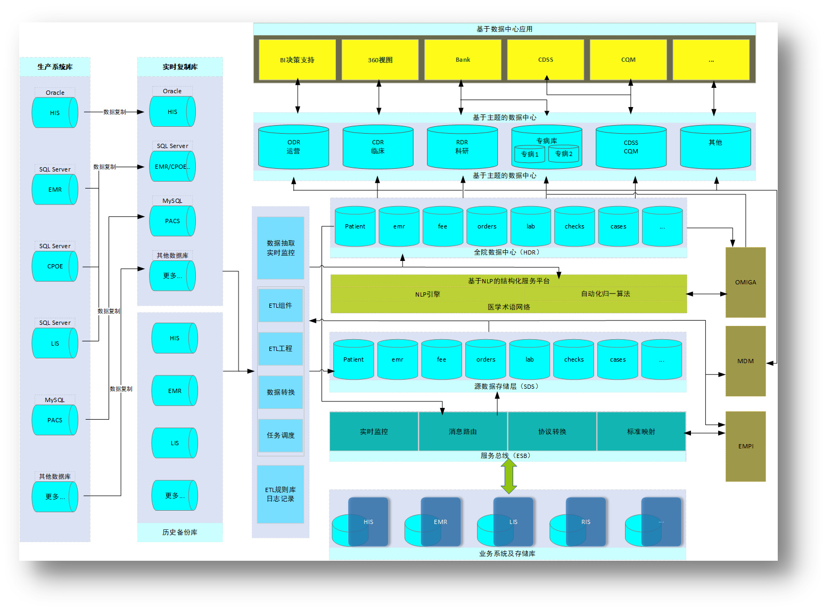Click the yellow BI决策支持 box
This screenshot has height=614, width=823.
click(x=297, y=60)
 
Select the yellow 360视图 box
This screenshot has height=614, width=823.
click(x=380, y=60)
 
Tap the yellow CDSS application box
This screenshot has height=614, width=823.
click(x=546, y=60)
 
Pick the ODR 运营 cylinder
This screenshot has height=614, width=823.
click(x=293, y=148)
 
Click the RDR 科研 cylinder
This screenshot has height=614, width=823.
click(x=462, y=148)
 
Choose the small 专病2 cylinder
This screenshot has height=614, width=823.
click(x=564, y=154)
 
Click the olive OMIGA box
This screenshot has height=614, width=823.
click(x=745, y=282)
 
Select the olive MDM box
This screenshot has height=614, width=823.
click(x=745, y=361)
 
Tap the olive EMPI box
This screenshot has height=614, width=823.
click(x=745, y=446)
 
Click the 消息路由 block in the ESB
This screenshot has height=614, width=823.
click(x=463, y=431)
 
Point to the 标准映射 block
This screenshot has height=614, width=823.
click(x=641, y=431)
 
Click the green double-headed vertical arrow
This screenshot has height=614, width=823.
click(x=509, y=476)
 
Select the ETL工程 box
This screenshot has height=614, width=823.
click(x=281, y=349)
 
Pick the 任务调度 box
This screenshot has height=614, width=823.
click(x=281, y=436)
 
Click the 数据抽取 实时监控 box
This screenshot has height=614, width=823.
click(x=281, y=248)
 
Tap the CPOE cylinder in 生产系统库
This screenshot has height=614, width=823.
click(x=55, y=266)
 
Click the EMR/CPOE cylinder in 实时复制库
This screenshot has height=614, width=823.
click(x=172, y=167)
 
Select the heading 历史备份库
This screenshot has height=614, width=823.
click(x=180, y=533)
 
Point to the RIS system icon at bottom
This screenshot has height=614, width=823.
click(x=585, y=522)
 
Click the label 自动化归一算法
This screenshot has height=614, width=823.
click(x=605, y=294)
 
